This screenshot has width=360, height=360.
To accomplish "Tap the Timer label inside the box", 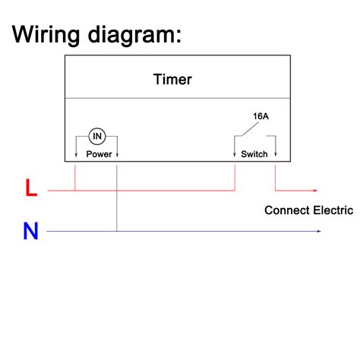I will pos(172,79).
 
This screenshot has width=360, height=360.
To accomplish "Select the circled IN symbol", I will pos(97,136).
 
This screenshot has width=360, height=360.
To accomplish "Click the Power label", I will pos(99,154).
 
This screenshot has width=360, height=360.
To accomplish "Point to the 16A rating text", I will pos(261,116).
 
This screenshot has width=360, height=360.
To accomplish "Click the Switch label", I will pos(254,154).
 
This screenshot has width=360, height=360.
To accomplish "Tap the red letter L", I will pos(30,188).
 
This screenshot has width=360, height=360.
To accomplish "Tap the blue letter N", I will pos(30,231).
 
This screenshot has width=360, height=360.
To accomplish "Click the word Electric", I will pos(333,210).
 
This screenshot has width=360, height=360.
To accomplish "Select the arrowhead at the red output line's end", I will pos(317,190).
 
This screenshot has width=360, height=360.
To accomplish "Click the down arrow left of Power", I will pos(76,155).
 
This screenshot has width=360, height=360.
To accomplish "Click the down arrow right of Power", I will pos(117,155).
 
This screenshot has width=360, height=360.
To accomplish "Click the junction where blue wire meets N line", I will pos(117,231).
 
